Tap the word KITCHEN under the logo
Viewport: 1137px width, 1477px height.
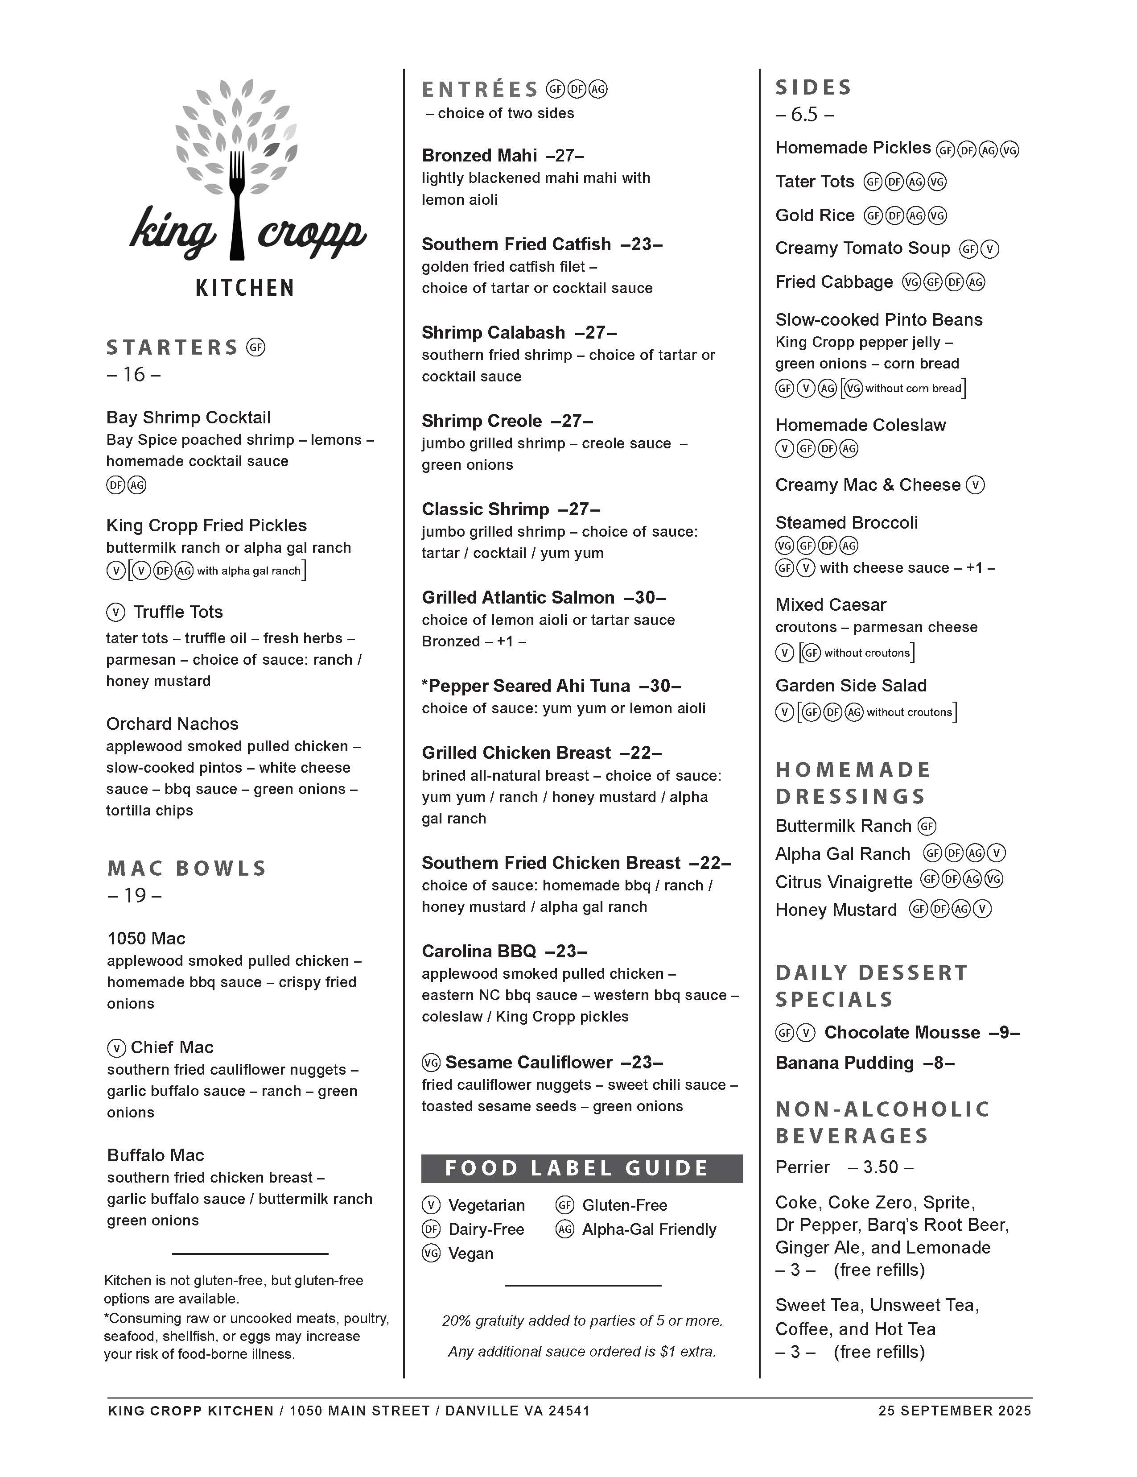(245, 288)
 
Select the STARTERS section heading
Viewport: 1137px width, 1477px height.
(173, 348)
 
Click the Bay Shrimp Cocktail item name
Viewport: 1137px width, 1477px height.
(188, 417)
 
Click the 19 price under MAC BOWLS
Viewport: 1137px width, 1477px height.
(135, 895)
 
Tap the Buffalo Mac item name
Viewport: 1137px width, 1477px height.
(156, 1155)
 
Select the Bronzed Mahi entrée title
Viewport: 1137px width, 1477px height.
(479, 156)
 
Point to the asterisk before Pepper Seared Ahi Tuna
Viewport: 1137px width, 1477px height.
(425, 686)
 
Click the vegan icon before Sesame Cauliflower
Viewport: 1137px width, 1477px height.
(431, 1063)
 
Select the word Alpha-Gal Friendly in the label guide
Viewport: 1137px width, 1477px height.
(649, 1229)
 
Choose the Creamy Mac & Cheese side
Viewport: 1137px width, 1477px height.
(867, 485)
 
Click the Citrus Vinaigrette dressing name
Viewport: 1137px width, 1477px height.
(844, 882)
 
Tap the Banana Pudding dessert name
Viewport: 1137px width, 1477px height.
(845, 1063)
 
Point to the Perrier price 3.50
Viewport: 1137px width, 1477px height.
(880, 1167)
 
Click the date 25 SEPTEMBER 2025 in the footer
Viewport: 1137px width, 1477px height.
(955, 1411)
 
